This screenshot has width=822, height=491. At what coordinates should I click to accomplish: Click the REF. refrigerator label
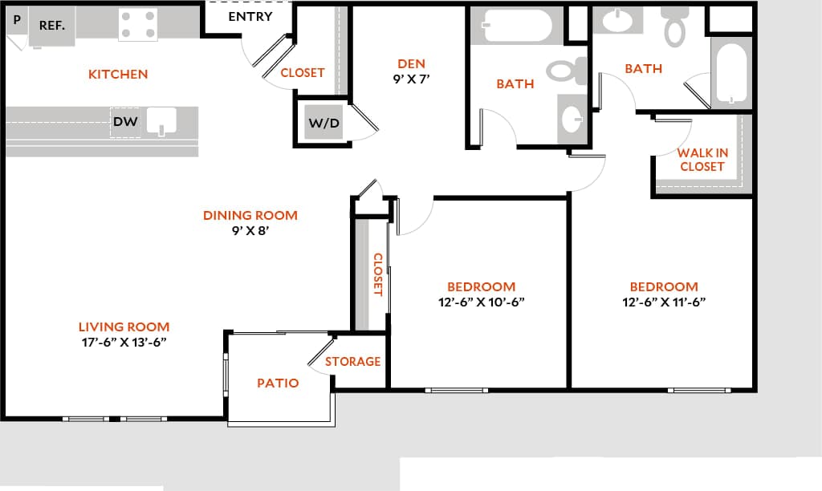52,25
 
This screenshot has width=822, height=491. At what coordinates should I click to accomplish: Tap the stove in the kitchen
138,25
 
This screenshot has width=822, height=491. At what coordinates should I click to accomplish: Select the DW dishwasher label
124,123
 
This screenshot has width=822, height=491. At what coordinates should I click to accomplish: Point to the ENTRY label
250,17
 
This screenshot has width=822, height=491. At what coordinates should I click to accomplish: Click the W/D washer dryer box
324,124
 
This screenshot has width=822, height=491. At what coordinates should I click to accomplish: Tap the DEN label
411,64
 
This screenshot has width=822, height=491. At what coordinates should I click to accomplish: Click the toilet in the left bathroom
568,71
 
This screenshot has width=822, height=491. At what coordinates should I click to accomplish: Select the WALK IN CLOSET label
702,160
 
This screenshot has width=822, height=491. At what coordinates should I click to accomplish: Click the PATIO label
278,383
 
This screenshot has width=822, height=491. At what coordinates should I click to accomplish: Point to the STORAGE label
353,362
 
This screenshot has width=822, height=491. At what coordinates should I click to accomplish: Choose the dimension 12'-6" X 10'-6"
482,302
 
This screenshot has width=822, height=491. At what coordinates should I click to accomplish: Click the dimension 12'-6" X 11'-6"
664,302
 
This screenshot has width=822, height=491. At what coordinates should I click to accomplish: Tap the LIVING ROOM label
124,327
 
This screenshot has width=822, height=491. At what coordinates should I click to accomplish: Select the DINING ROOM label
250,215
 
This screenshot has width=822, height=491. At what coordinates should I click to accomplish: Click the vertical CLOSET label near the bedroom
377,275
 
